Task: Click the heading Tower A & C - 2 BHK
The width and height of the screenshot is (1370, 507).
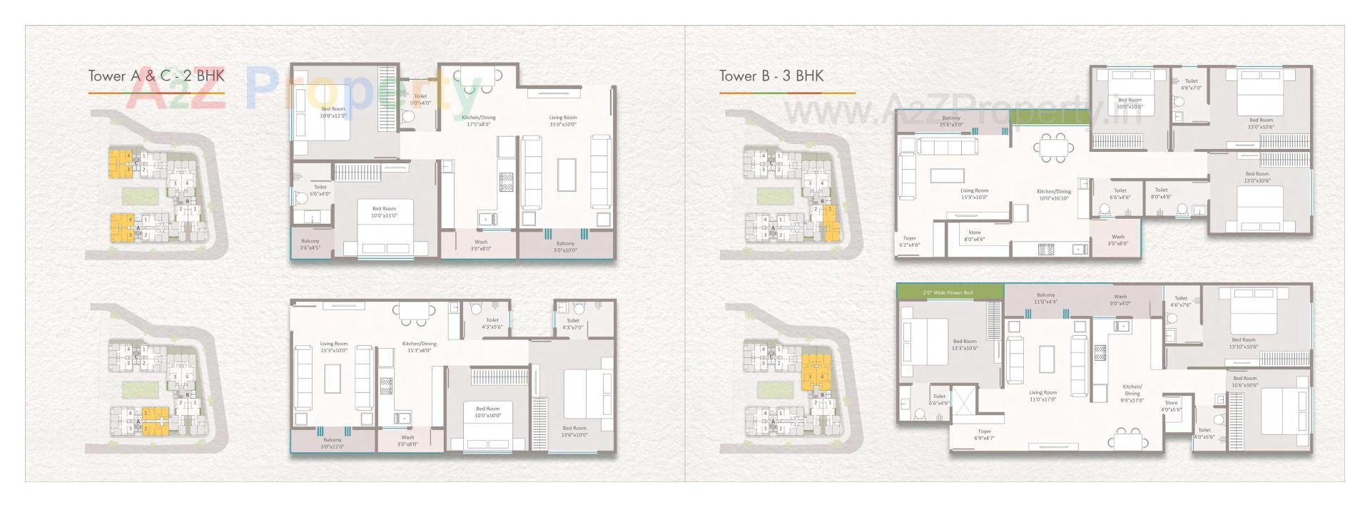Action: tap(156, 76)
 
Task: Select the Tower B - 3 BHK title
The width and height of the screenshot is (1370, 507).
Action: tap(771, 76)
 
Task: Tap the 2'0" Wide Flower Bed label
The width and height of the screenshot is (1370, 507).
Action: tap(948, 292)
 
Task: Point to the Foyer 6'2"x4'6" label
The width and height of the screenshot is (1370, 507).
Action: tap(910, 242)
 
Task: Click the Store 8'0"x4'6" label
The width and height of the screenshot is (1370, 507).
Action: tap(974, 236)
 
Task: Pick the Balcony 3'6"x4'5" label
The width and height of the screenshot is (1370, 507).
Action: tap(310, 245)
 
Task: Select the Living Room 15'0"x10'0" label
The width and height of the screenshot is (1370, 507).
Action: tap(563, 121)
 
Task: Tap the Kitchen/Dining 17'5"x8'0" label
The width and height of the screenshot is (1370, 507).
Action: tap(479, 121)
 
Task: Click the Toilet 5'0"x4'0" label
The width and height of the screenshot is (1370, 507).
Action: tap(420, 99)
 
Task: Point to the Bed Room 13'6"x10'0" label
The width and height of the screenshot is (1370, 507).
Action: tap(574, 431)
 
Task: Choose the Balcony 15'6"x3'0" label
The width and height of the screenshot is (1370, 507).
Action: tap(951, 121)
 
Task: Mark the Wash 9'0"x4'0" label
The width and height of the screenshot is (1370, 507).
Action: tap(1120, 299)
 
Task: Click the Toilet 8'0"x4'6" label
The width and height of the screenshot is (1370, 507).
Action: tap(1162, 193)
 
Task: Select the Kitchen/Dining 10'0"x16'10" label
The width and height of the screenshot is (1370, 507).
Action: tap(1054, 195)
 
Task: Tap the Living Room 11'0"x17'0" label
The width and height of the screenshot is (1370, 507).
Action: tap(1042, 396)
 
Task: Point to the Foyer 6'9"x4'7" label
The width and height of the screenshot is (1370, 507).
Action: tap(985, 434)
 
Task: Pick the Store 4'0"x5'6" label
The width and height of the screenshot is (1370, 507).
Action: tap(1171, 406)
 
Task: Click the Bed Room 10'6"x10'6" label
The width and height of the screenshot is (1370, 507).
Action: tap(1245, 381)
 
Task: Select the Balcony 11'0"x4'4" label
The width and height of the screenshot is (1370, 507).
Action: tap(1045, 298)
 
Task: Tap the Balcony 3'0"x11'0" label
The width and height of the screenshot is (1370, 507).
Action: tap(333, 444)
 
